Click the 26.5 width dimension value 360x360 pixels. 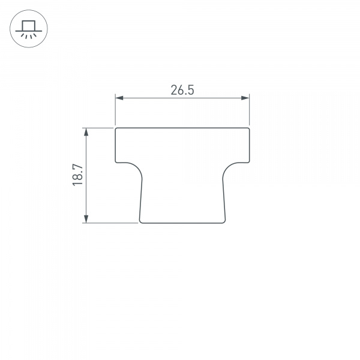(182, 90)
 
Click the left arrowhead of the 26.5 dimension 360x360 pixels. (118, 98)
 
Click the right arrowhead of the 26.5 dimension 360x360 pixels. (245, 98)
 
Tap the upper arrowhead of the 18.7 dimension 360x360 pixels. (87, 131)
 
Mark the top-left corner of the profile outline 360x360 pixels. (116, 128)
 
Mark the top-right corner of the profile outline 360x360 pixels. (248, 128)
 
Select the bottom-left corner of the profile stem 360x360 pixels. (140, 222)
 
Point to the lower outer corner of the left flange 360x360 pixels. (116, 161)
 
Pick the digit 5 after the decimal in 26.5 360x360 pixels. (191, 90)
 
